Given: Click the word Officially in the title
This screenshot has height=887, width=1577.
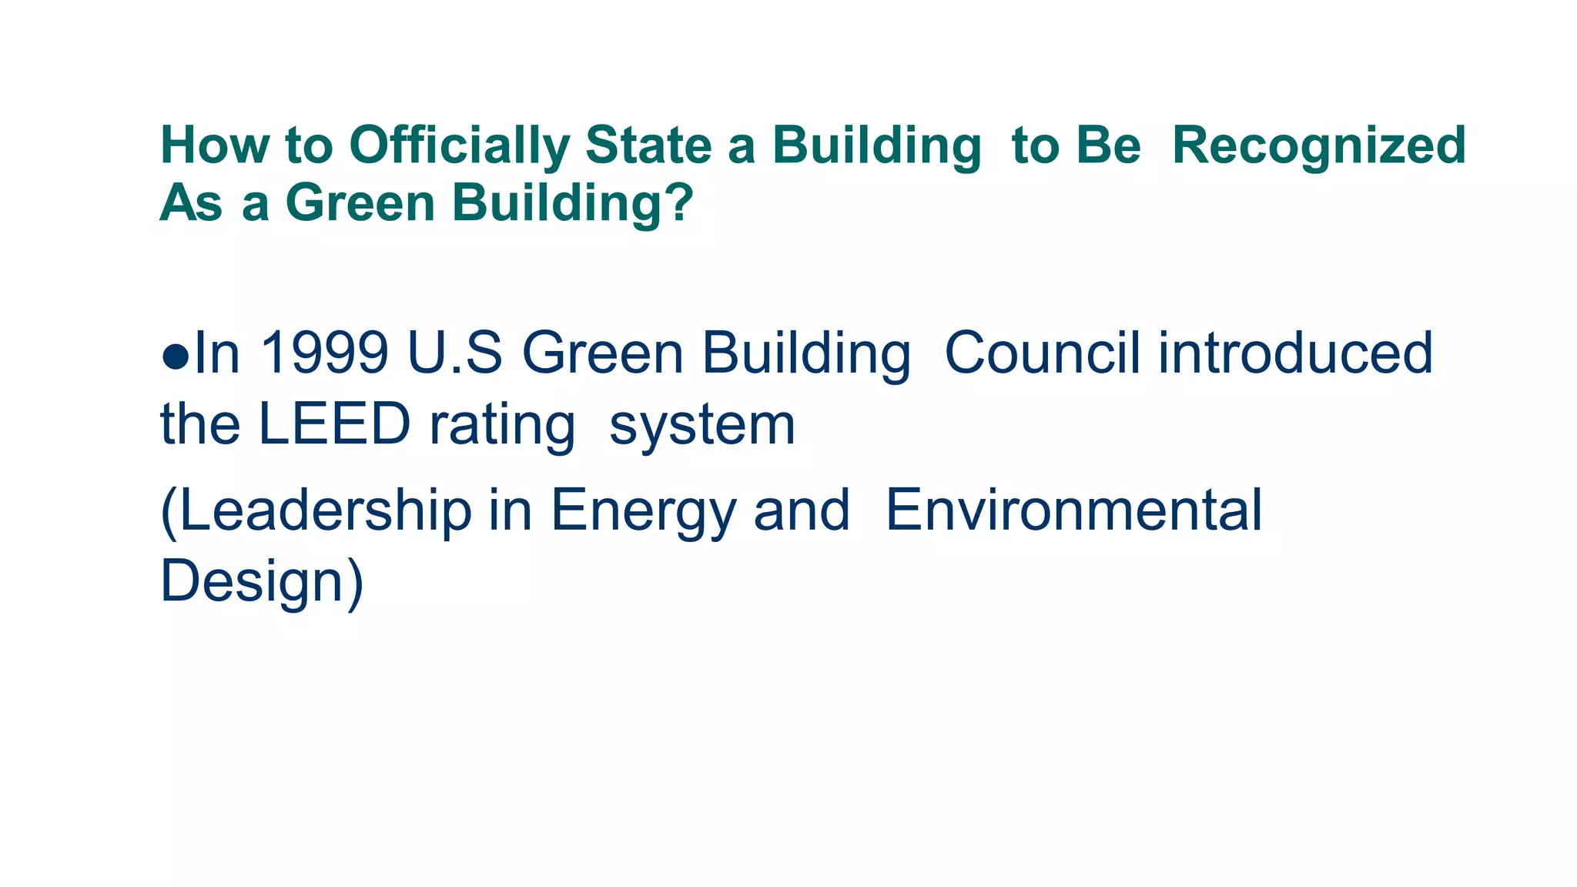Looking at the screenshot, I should pyautogui.click(x=460, y=146).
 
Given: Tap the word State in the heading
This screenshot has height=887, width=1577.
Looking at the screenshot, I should pyautogui.click(x=648, y=146).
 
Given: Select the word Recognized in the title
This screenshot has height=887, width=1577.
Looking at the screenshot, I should pyautogui.click(x=1318, y=146).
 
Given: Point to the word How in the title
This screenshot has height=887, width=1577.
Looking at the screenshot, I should pyautogui.click(x=215, y=146).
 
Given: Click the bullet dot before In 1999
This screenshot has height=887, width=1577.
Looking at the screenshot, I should pyautogui.click(x=176, y=356).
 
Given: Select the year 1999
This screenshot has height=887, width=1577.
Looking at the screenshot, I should pyautogui.click(x=324, y=354).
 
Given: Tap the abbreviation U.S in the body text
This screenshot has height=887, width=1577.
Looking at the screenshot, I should pyautogui.click(x=455, y=354).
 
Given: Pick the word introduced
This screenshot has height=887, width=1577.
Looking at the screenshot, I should pyautogui.click(x=1295, y=354).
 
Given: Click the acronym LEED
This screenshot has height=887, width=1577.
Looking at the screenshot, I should pyautogui.click(x=333, y=424).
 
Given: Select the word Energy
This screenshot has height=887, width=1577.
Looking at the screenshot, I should pyautogui.click(x=644, y=512).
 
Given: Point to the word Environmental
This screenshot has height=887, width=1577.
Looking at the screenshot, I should pyautogui.click(x=1074, y=510).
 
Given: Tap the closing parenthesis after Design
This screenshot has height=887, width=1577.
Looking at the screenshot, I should pyautogui.click(x=355, y=584).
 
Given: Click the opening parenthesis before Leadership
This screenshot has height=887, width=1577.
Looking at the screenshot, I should pyautogui.click(x=168, y=512).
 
